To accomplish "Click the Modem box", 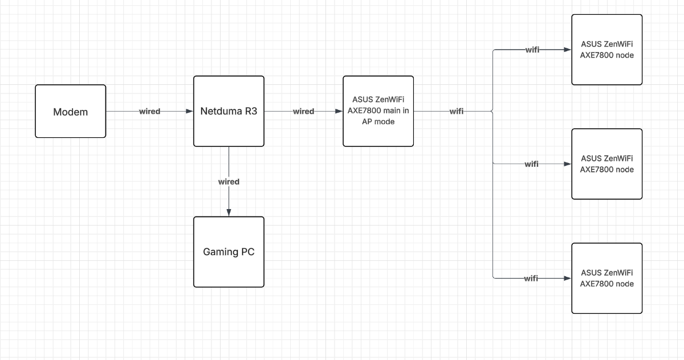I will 70,112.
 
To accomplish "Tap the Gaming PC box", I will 229,252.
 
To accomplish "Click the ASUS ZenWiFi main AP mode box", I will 378,112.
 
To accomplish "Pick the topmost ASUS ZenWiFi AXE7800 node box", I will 606,50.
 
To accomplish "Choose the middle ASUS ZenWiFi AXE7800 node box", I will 606,163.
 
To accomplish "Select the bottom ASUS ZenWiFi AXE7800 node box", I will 606,278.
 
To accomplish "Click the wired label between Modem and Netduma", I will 149,112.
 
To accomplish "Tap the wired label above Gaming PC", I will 229,182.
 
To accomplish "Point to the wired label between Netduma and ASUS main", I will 303,112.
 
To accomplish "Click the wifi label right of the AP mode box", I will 456,112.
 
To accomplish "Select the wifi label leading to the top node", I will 532,50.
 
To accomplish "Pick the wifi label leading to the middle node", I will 532,164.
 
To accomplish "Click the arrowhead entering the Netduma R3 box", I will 190,112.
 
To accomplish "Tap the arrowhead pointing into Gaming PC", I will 229,213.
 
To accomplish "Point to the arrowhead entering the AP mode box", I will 339,112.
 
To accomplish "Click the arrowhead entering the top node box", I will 568,50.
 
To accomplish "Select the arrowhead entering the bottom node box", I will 568,278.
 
